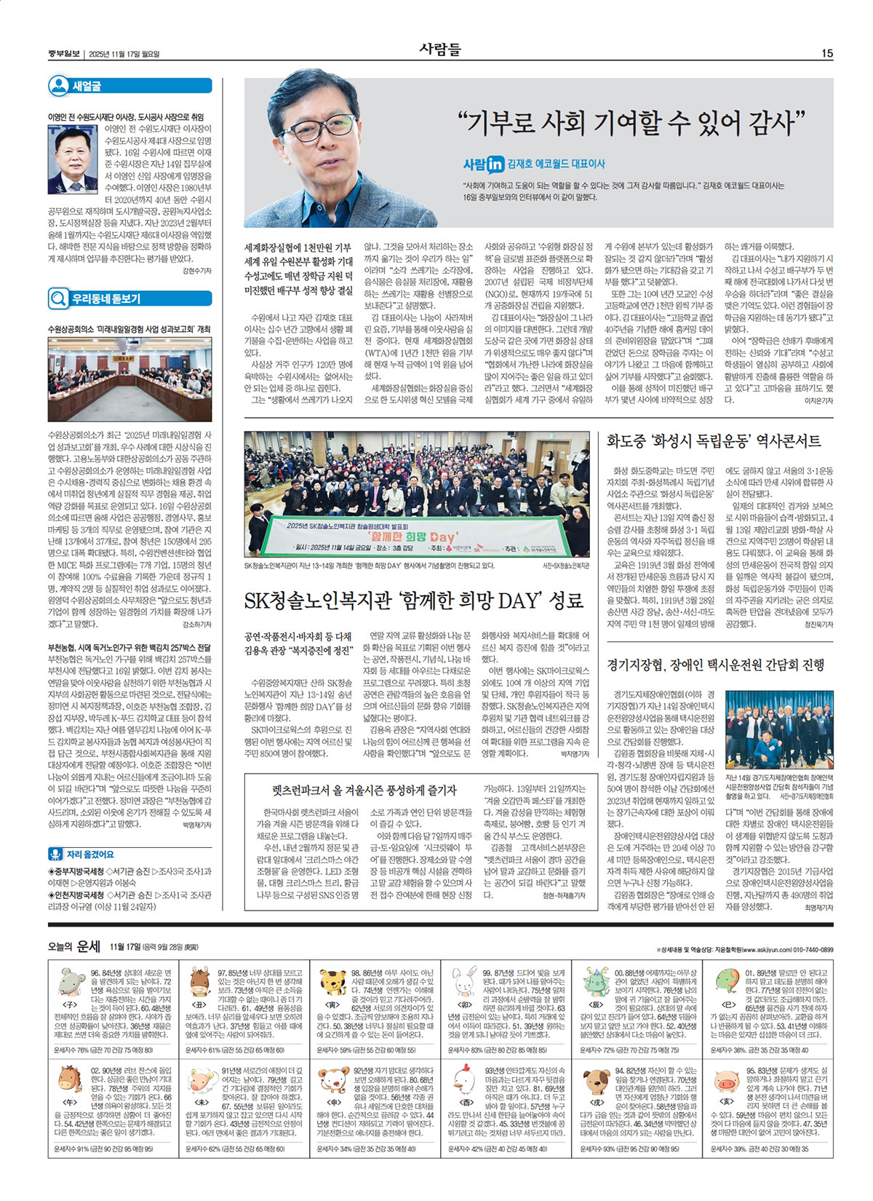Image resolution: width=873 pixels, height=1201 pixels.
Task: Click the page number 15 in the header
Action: pos(827,53)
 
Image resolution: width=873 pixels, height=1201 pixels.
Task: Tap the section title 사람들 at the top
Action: pos(440,49)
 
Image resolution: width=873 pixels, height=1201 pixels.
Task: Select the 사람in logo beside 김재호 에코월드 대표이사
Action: pos(484,165)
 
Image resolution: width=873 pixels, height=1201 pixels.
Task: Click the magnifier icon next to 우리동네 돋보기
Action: pos(58,298)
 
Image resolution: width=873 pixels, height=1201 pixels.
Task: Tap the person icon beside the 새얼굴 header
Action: pos(58,86)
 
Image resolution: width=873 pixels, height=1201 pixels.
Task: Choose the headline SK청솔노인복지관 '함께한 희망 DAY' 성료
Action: pos(415,600)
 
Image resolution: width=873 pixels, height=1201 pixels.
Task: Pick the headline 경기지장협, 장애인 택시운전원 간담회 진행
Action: pos(716,665)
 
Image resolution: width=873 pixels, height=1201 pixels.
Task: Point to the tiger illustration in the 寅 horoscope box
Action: pos(333,980)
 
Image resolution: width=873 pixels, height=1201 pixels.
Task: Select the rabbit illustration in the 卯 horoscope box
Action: pos(464,980)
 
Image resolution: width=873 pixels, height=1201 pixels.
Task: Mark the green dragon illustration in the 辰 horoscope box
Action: pos(596,980)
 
